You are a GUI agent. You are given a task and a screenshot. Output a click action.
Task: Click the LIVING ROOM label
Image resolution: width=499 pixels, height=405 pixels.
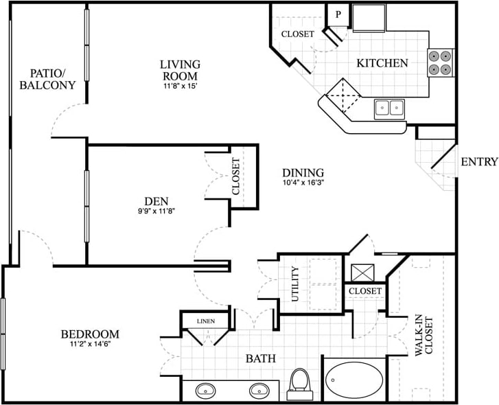pyautogui.click(x=179, y=70)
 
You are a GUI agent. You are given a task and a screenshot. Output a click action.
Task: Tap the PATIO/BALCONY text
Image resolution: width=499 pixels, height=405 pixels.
pyautogui.click(x=47, y=79)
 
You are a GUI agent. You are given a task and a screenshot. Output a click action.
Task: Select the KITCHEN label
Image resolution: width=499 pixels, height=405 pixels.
pyautogui.click(x=382, y=63)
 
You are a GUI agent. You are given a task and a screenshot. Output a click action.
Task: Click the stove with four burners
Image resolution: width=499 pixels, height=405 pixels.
pyautogui.click(x=441, y=62)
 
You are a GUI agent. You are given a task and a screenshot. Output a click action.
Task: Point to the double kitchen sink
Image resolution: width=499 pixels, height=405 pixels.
pyautogui.click(x=389, y=107)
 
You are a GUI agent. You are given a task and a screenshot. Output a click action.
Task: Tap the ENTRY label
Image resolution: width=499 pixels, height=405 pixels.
pyautogui.click(x=479, y=162)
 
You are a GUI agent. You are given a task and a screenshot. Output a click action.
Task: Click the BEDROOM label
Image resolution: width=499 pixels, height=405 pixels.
pyautogui.click(x=90, y=334)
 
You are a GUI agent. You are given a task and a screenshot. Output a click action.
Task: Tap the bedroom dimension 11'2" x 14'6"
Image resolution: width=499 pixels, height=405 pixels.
pyautogui.click(x=90, y=345)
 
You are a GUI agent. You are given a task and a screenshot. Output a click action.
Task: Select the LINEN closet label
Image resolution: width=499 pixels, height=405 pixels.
pyautogui.click(x=206, y=321)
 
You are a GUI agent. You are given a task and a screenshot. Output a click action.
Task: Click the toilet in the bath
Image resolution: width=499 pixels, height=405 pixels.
pyautogui.click(x=300, y=383)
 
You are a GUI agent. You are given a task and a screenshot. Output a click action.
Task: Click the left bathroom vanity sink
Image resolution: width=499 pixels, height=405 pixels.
pyautogui.click(x=206, y=391)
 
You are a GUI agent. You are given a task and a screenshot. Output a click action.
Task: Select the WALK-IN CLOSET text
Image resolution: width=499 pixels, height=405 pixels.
pyautogui.click(x=423, y=336)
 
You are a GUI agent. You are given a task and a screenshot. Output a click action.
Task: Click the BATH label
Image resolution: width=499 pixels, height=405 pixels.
pyautogui.click(x=261, y=358)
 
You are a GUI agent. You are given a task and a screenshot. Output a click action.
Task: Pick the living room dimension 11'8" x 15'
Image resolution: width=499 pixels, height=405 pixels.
pyautogui.click(x=179, y=86)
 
